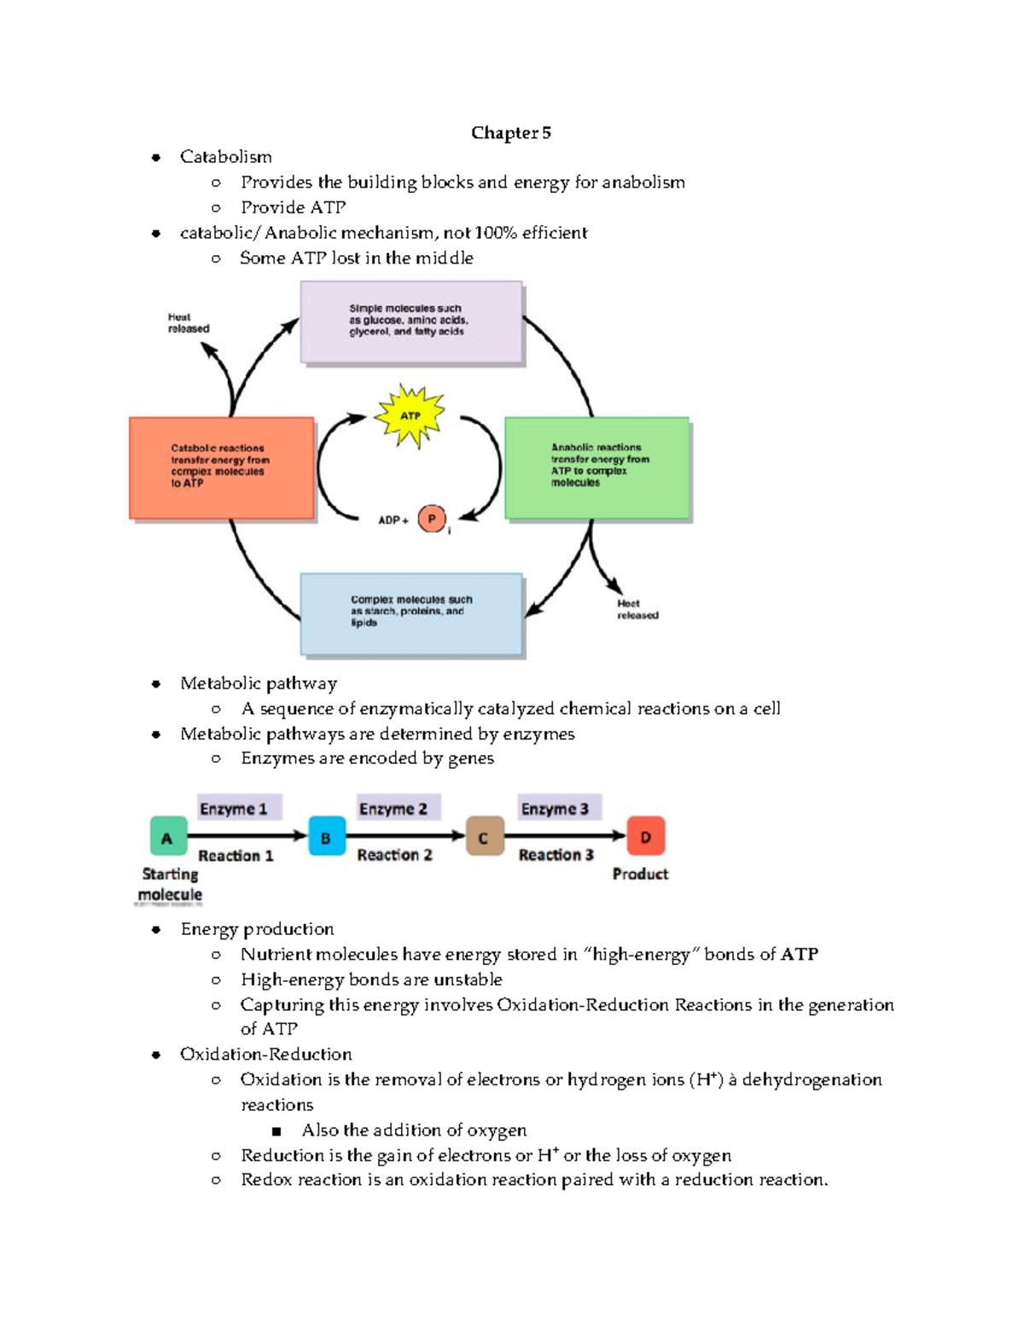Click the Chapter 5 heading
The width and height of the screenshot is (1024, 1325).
tap(510, 133)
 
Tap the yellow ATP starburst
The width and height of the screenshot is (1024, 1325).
tap(411, 416)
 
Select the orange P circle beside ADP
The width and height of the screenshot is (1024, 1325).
tap(432, 519)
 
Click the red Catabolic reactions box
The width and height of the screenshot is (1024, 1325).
tap(221, 468)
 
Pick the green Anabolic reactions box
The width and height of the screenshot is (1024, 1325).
tap(596, 468)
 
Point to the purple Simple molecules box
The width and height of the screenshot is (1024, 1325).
tap(410, 322)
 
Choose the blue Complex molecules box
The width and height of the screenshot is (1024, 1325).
tap(410, 613)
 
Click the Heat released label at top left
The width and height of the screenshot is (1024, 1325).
tap(188, 323)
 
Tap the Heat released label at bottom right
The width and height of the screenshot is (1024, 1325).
tap(637, 609)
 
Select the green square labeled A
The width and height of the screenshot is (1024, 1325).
tap(168, 837)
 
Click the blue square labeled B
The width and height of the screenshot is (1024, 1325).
tap(326, 837)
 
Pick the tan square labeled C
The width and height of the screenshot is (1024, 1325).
tap(484, 837)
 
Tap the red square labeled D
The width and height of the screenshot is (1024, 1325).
tap(645, 837)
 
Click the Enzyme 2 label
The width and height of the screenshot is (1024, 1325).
tap(393, 809)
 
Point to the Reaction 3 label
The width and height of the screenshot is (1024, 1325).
tap(556, 855)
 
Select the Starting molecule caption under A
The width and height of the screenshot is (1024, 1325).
tap(170, 885)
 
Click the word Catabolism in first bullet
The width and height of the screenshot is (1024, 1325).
tap(225, 157)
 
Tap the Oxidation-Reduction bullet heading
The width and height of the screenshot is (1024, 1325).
tap(265, 1055)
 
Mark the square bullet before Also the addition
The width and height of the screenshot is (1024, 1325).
tap(276, 1131)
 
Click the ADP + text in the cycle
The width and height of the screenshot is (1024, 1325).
tap(393, 520)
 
